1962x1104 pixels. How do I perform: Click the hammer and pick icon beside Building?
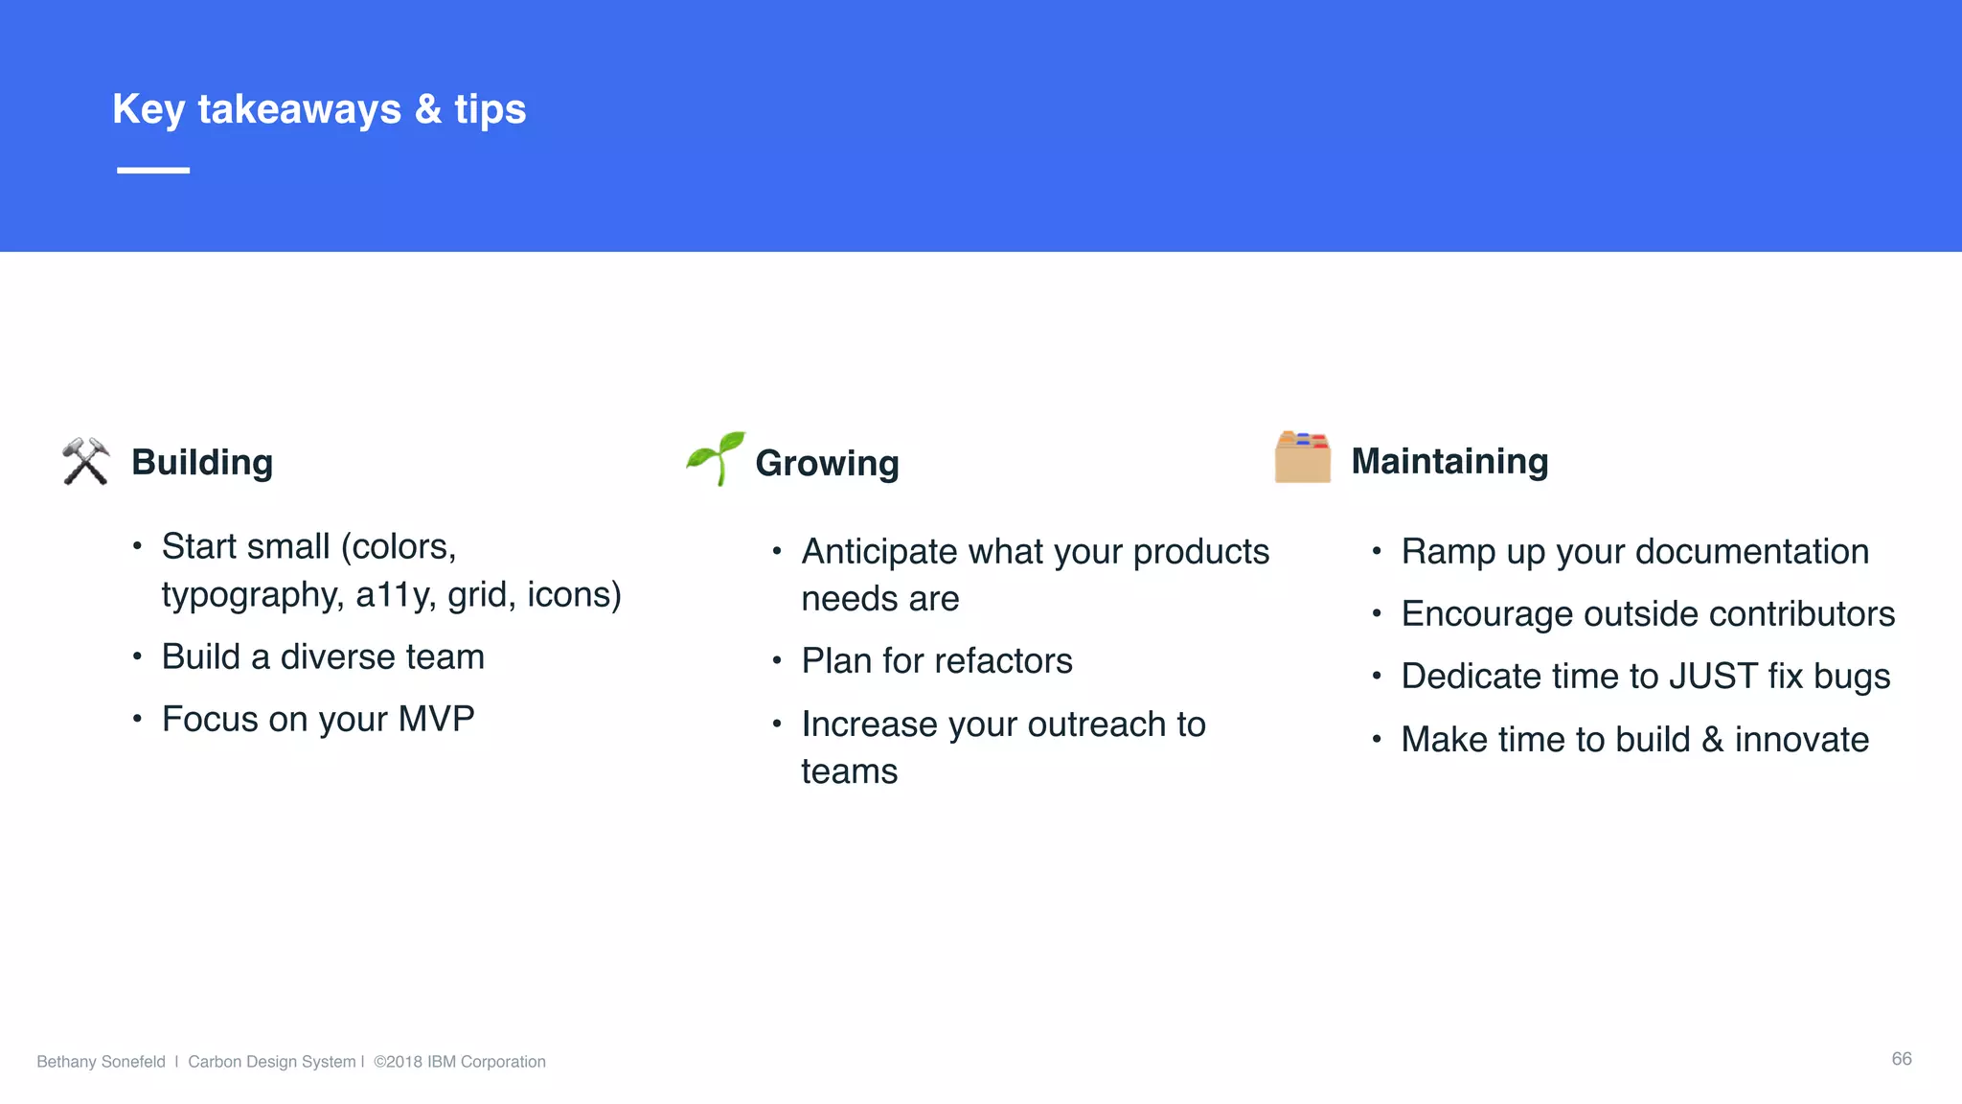(x=85, y=461)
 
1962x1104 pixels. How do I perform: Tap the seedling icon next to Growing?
(x=716, y=458)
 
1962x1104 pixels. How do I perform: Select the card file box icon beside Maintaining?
(x=1302, y=457)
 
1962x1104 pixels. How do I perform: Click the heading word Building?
(x=202, y=462)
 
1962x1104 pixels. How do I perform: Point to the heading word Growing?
(x=827, y=463)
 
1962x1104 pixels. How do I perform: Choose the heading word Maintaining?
(x=1449, y=461)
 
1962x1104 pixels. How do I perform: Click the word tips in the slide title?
(x=490, y=109)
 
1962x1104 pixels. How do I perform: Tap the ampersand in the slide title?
(x=428, y=109)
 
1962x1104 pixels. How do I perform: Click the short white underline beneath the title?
(x=153, y=170)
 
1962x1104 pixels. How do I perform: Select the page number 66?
(x=1901, y=1058)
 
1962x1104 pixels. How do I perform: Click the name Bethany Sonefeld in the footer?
(x=101, y=1061)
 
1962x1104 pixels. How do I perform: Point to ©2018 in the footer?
(x=398, y=1061)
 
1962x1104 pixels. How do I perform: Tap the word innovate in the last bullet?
(x=1801, y=740)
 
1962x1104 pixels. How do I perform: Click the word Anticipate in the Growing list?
(x=879, y=552)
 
